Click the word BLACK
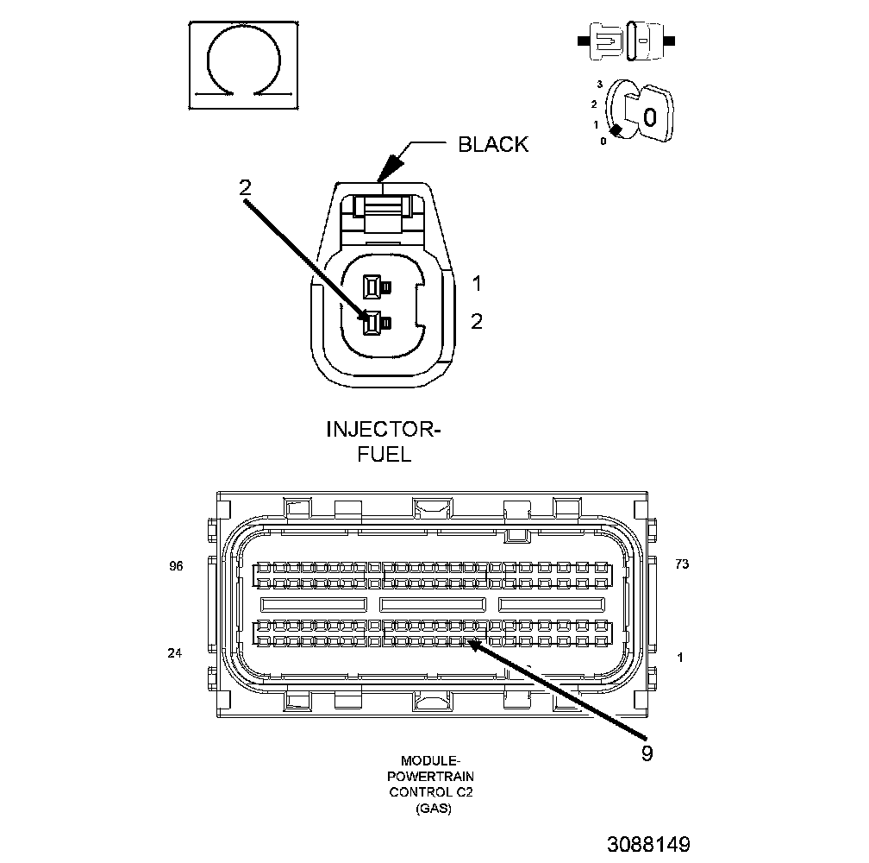coord(492,145)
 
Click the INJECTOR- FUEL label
coord(384,441)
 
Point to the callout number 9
coord(647,753)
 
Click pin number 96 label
coord(177,567)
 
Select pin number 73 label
coord(682,564)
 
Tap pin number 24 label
coord(175,653)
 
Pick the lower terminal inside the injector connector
coord(372,324)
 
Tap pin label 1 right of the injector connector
coord(477,283)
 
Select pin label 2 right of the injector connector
coord(477,322)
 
